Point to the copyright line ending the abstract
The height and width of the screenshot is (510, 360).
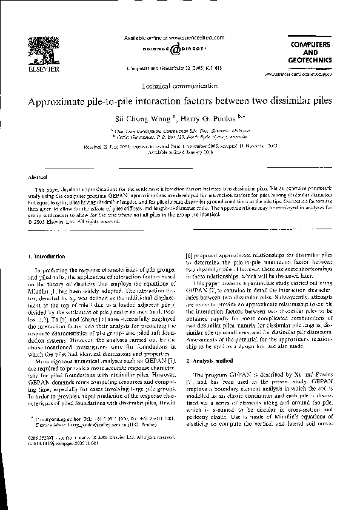point(78,221)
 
